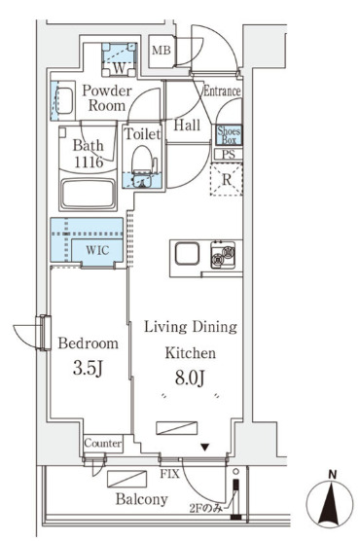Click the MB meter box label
coord(162,51)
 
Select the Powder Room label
coord(107,98)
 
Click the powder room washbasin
coord(63,100)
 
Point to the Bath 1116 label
coord(89,154)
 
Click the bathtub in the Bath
coord(88,194)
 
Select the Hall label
coord(187,125)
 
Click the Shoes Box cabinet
coord(229,135)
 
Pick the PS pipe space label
coord(228,154)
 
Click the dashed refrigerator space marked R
coord(227,179)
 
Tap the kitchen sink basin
coord(187,254)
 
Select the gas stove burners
coord(224,255)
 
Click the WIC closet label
coord(97,250)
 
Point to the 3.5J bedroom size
coord(88,369)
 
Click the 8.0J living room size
coord(190,378)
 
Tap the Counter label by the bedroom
coord(103,443)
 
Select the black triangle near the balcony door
coord(205,448)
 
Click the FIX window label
coord(170,474)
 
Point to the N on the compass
coord(332,476)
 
